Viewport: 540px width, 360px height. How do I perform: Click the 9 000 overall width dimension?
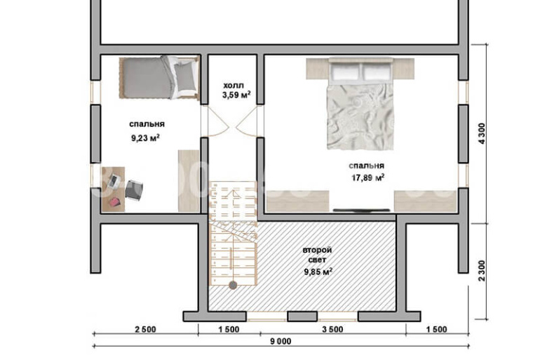[281, 341]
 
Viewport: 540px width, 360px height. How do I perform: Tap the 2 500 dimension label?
[145, 329]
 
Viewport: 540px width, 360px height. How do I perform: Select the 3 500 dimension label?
[332, 329]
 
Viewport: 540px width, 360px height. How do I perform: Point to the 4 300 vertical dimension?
[482, 133]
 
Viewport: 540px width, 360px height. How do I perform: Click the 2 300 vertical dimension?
[482, 271]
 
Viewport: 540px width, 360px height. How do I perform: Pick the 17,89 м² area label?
[367, 178]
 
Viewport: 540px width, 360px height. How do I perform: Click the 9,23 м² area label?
[145, 138]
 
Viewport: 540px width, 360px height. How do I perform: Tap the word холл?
[233, 85]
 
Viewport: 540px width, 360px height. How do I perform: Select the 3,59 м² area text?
[236, 95]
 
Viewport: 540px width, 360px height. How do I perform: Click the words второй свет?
[317, 255]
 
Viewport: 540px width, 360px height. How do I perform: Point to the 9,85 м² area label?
[318, 272]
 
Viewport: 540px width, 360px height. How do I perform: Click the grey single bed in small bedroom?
[159, 77]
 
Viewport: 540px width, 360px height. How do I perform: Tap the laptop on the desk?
[114, 181]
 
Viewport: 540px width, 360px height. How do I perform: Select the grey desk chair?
[134, 189]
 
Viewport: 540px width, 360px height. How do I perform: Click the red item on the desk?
[115, 202]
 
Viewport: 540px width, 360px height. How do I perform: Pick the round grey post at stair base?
[233, 285]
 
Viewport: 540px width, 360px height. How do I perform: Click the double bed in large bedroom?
[360, 103]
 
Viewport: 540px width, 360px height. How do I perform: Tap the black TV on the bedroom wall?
[361, 210]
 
